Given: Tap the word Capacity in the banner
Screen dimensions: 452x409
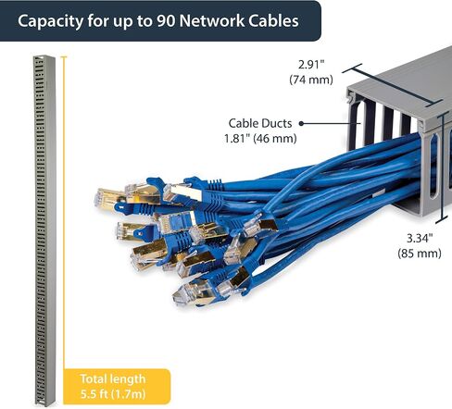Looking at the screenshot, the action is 50,21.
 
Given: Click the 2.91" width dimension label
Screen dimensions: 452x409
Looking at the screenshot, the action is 311,65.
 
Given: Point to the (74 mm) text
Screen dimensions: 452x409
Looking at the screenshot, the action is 311,80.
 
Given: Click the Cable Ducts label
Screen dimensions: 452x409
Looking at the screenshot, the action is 260,123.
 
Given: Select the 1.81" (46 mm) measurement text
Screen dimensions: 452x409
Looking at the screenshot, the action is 260,138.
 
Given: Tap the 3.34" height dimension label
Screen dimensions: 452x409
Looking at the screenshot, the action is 420,238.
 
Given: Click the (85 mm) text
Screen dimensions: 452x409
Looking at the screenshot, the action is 420,254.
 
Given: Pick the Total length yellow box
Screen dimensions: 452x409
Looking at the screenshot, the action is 117,386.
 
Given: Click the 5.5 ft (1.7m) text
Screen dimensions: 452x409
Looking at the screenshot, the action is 113,394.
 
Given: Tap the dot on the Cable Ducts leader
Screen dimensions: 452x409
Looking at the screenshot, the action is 301,123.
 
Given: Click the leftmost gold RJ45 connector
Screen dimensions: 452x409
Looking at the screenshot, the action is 107,198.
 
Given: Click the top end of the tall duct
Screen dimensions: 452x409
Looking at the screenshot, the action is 44,57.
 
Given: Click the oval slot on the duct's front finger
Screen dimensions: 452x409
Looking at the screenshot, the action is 433,166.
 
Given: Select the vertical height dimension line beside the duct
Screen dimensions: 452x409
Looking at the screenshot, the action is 443,167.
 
